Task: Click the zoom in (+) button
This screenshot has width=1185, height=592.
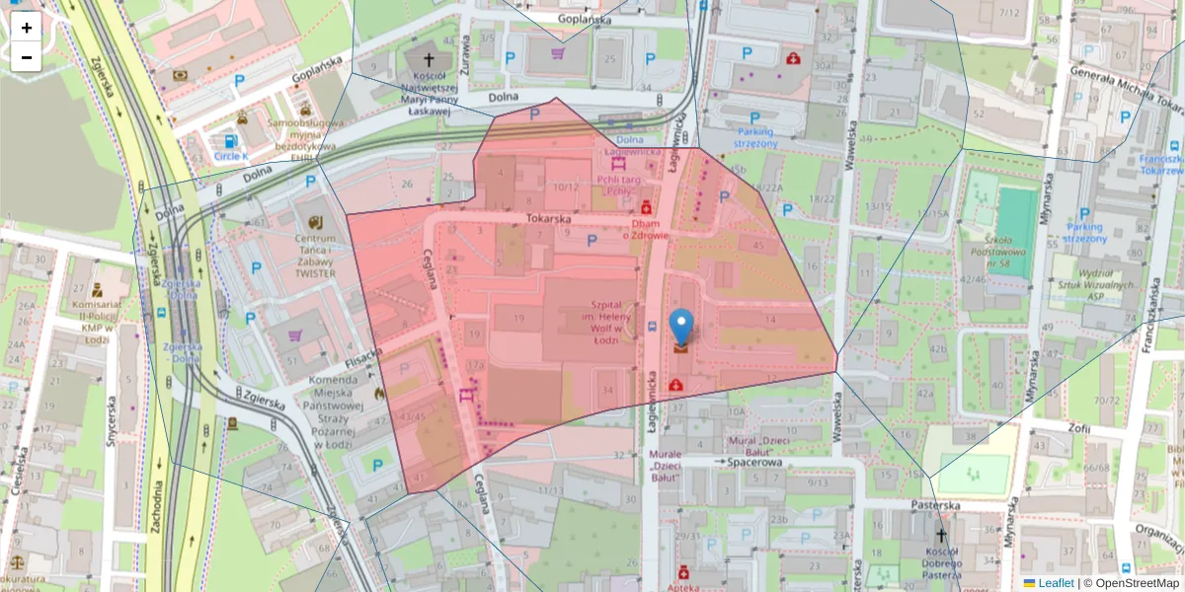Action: pyautogui.click(x=27, y=28)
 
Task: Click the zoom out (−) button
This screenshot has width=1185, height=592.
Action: pyautogui.click(x=27, y=58)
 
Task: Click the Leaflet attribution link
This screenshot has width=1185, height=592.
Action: pyautogui.click(x=1056, y=583)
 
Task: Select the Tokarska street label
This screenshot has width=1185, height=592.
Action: pyautogui.click(x=550, y=219)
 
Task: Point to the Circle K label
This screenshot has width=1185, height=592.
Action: pyautogui.click(x=231, y=156)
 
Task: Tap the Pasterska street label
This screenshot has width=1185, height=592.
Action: pyautogui.click(x=937, y=504)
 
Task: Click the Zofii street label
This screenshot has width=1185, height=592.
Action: pyautogui.click(x=1077, y=429)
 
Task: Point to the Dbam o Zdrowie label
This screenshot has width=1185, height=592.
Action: pyautogui.click(x=646, y=229)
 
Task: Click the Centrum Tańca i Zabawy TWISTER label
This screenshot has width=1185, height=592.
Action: pyautogui.click(x=314, y=256)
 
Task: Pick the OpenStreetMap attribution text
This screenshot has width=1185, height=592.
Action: pyautogui.click(x=1131, y=583)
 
